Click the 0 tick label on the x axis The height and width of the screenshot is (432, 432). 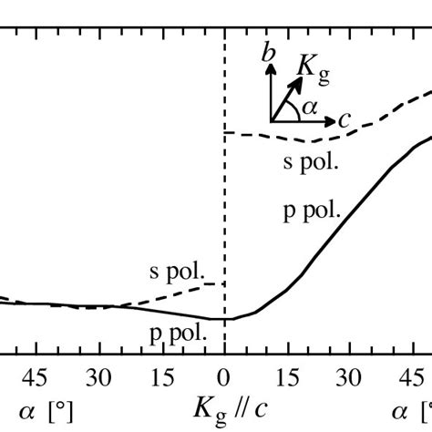[x=223, y=376]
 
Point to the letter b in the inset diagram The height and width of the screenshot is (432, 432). [x=268, y=56]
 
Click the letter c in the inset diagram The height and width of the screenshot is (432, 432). [x=345, y=118]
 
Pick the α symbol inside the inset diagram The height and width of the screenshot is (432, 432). [x=310, y=107]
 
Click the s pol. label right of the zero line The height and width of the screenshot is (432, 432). [x=311, y=163]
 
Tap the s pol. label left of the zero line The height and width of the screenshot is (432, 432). [x=178, y=272]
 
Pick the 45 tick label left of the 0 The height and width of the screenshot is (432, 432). [x=36, y=376]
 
